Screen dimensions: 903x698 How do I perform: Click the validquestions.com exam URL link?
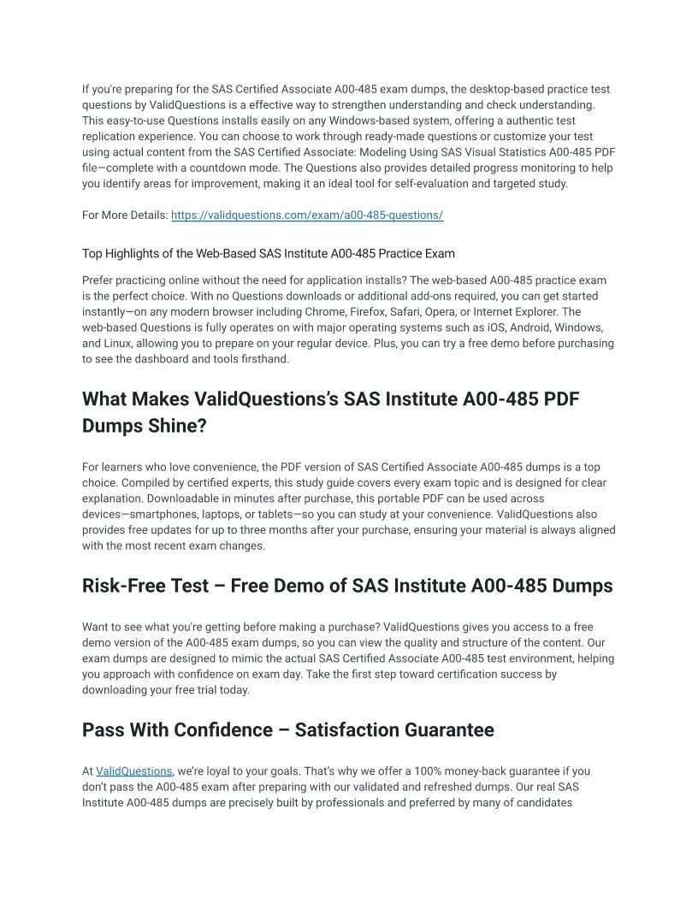tap(306, 215)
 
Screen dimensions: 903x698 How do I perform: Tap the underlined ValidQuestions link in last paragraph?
tap(134, 771)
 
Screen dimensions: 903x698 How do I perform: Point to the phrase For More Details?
tap(124, 215)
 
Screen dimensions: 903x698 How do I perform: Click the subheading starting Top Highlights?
tap(268, 254)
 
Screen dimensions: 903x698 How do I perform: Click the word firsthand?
tap(264, 360)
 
